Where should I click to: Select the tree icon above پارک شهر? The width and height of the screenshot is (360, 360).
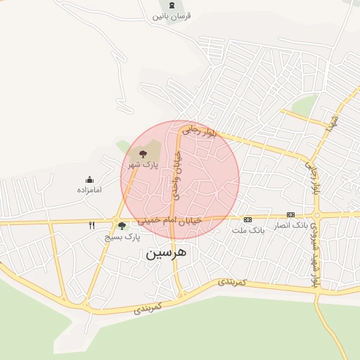coord(143,152)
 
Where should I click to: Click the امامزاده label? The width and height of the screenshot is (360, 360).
coord(89,190)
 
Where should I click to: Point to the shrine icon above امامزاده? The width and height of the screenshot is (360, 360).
coord(89,179)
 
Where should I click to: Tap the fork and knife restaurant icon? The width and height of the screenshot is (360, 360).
coord(91,226)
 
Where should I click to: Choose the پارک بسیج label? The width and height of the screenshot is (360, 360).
coord(120,237)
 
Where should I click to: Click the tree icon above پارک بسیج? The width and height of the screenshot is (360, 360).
coord(122,226)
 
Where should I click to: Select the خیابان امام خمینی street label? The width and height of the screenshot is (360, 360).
coord(169,220)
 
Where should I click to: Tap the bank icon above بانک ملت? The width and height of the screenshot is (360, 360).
coord(247,219)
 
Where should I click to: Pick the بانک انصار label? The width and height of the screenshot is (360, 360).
coord(290,225)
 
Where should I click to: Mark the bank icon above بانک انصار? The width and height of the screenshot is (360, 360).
coord(290,215)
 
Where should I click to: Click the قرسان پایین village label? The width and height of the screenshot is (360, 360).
coord(172,15)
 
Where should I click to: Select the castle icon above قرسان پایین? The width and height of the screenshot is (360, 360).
coord(172,5)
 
